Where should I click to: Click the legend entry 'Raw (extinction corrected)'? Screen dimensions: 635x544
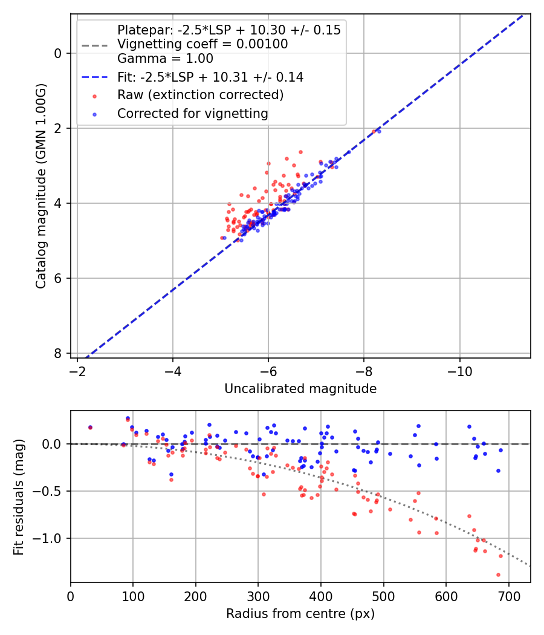[x=200, y=95]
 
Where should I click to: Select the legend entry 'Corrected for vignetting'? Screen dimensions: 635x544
[x=193, y=113]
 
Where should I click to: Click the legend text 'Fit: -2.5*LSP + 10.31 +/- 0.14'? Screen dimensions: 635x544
[x=210, y=77]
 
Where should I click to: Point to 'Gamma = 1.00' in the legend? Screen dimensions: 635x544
[x=165, y=59]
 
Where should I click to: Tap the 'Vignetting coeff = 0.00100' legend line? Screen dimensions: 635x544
[x=202, y=44]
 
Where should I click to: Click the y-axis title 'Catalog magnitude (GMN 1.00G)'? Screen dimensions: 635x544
[x=40, y=185]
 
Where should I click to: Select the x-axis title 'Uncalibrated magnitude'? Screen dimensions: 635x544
[x=300, y=389]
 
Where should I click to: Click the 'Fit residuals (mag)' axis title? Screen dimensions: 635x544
[x=19, y=497]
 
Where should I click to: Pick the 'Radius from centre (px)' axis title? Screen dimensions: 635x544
[x=300, y=614]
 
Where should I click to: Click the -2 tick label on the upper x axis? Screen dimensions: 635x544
[x=77, y=369]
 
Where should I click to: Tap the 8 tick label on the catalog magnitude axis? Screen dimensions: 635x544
[x=58, y=353]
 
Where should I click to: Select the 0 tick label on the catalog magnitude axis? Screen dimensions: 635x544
[x=58, y=53]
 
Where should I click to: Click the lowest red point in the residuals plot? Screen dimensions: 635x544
[x=498, y=575]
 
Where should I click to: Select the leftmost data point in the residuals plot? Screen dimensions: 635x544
[x=90, y=428]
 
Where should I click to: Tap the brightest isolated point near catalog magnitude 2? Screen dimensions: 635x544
[x=379, y=131]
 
